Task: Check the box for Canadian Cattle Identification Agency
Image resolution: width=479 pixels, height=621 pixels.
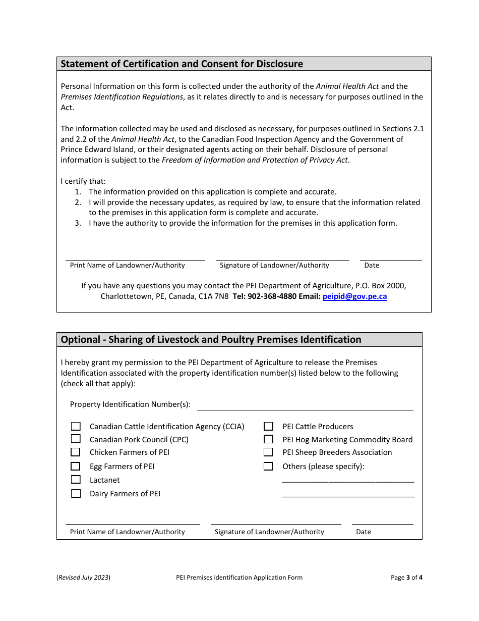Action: click(76, 426)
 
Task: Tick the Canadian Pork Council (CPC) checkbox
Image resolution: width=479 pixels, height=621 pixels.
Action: click(76, 439)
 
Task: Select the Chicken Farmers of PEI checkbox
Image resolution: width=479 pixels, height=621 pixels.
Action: click(76, 452)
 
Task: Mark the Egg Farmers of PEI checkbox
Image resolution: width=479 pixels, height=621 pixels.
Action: click(76, 466)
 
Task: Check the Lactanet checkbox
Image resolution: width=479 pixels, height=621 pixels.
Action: click(76, 480)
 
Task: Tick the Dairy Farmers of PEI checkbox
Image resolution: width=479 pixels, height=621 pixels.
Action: click(76, 493)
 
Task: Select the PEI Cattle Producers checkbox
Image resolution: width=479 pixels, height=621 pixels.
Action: click(268, 426)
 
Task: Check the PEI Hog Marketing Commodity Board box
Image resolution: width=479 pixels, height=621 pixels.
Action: click(268, 439)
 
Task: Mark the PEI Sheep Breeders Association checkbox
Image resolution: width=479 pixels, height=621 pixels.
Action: click(268, 452)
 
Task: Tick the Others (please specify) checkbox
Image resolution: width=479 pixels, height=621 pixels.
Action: click(268, 466)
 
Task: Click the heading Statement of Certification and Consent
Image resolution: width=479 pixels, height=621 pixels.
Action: click(182, 64)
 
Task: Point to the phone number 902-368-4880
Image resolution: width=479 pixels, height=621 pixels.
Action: click(272, 296)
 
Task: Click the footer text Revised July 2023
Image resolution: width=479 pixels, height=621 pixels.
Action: click(83, 577)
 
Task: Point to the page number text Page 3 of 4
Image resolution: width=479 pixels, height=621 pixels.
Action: click(406, 577)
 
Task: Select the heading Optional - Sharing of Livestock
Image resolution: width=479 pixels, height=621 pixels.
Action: click(211, 339)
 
